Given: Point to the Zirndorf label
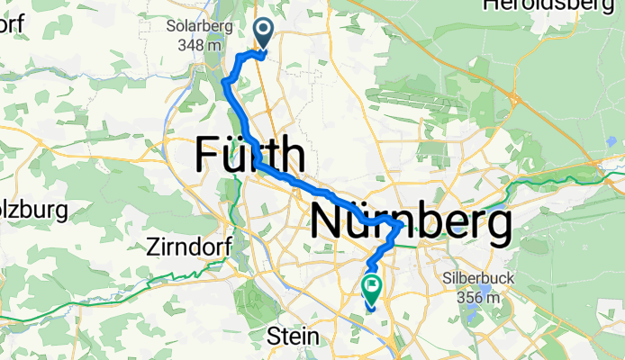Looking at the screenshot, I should (x=188, y=246).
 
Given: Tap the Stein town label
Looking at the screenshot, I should (x=294, y=336).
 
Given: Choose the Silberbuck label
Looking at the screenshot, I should (x=480, y=279).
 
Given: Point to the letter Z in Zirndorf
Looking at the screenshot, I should (x=151, y=246).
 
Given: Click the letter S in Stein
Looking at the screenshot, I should (x=276, y=336).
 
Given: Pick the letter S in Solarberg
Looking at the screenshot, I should (x=171, y=26).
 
